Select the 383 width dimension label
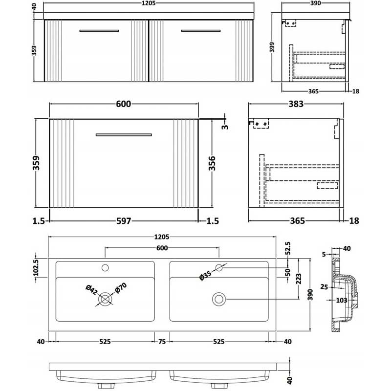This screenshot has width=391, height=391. coord(296,104)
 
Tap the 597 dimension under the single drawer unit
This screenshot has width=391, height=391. coord(124,221)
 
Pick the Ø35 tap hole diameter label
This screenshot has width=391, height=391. coord(206,276)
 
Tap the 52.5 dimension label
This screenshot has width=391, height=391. coord(288,249)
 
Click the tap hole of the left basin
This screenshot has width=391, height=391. coord(106,267)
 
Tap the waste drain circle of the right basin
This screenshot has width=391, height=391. coord(218,298)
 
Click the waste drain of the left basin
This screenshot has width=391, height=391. coord(106,298)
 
